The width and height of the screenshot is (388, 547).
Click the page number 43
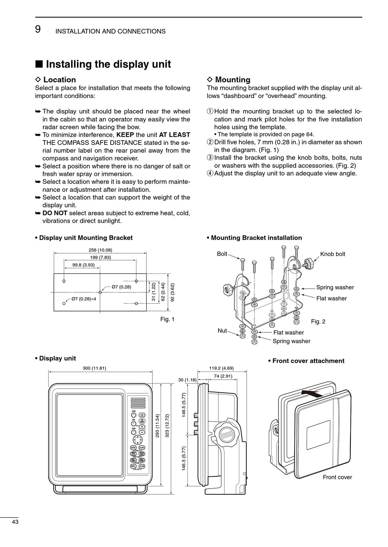tap(15, 522)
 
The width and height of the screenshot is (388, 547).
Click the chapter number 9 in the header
tap(38, 29)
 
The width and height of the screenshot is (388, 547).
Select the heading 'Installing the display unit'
tap(108, 64)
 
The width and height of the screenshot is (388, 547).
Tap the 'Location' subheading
tap(59, 80)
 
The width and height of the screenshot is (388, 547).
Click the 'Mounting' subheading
tap(232, 80)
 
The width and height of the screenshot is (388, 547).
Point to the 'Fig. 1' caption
tap(167, 319)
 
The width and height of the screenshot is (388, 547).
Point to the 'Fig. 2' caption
tap(318, 322)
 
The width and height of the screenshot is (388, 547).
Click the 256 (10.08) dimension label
tap(100, 250)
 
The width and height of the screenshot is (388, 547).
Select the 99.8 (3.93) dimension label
tap(83, 265)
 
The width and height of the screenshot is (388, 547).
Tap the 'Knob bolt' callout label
tap(332, 254)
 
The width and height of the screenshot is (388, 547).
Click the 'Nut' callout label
tap(222, 331)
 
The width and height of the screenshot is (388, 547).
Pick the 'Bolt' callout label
tap(222, 254)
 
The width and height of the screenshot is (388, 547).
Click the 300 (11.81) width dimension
tap(94, 368)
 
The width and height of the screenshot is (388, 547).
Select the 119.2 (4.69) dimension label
tap(221, 368)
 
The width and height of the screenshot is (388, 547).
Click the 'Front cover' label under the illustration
tap(337, 477)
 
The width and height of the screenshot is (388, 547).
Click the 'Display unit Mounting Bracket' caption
tap(86, 238)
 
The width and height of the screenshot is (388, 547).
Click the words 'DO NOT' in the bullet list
tap(55, 213)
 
